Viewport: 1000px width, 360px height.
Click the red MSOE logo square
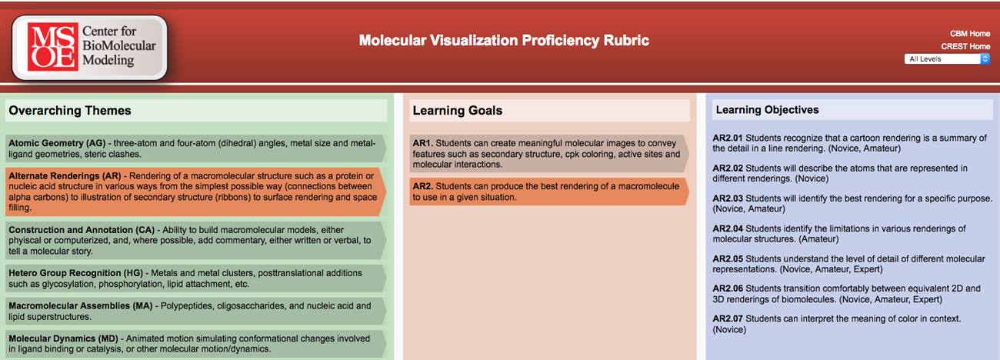point(52,47)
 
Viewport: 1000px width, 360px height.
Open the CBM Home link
point(970,34)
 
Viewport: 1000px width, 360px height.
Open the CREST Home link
point(965,46)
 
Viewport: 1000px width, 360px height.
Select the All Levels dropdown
point(946,59)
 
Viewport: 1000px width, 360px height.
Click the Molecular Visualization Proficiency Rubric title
point(504,40)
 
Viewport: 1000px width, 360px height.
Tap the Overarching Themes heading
point(70,110)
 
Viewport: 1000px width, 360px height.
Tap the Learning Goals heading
point(457,110)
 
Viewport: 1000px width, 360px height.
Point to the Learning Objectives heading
point(767,110)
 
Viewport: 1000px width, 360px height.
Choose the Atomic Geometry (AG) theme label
point(57,143)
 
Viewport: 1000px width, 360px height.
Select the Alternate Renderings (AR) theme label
point(65,176)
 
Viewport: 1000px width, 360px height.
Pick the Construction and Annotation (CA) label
point(82,230)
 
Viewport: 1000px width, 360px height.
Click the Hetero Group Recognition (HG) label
point(76,273)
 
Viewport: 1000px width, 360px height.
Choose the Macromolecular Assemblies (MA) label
point(80,306)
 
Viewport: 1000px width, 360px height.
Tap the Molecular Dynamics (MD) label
point(63,338)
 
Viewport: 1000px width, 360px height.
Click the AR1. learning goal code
point(422,143)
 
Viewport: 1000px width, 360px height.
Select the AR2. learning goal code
point(422,186)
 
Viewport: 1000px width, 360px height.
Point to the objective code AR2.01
point(728,138)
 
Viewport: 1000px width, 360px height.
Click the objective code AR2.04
point(728,228)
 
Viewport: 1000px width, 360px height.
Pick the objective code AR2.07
point(728,319)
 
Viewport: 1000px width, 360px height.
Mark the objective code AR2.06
point(728,288)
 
